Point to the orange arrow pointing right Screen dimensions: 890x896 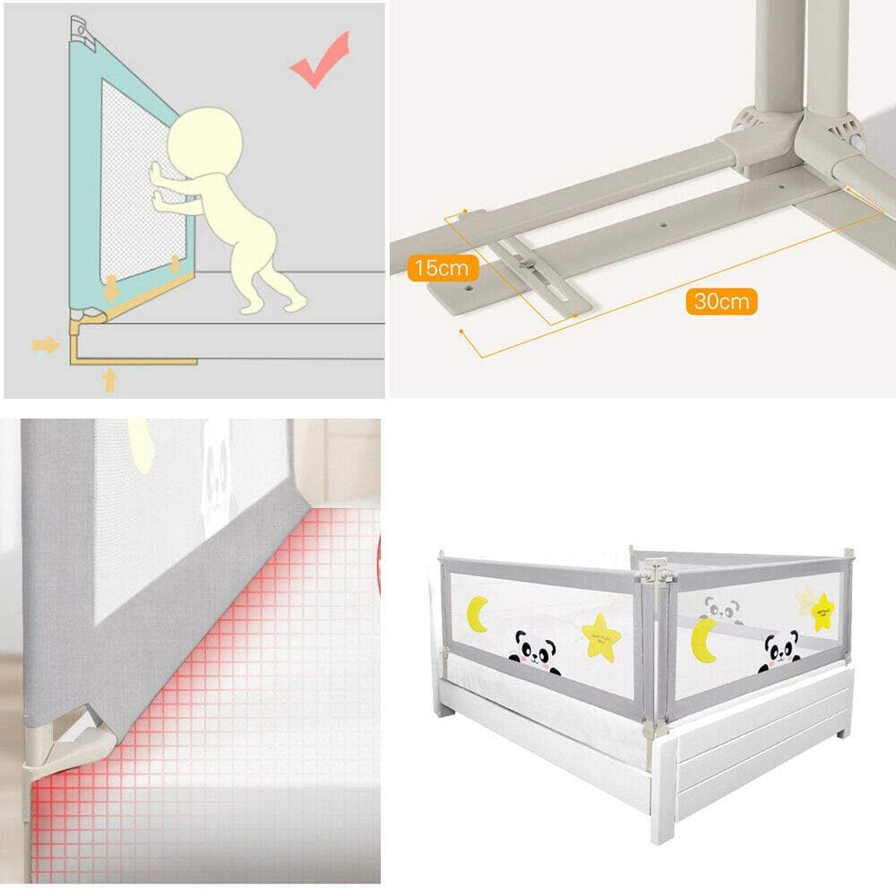[x=45, y=344]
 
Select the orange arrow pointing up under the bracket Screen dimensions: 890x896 [x=110, y=381]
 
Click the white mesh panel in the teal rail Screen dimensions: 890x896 [x=134, y=179]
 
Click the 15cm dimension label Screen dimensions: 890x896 [x=441, y=267]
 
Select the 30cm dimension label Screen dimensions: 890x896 [x=721, y=300]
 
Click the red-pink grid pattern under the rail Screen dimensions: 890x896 [x=224, y=681]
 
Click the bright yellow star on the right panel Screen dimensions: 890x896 [x=822, y=611]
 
